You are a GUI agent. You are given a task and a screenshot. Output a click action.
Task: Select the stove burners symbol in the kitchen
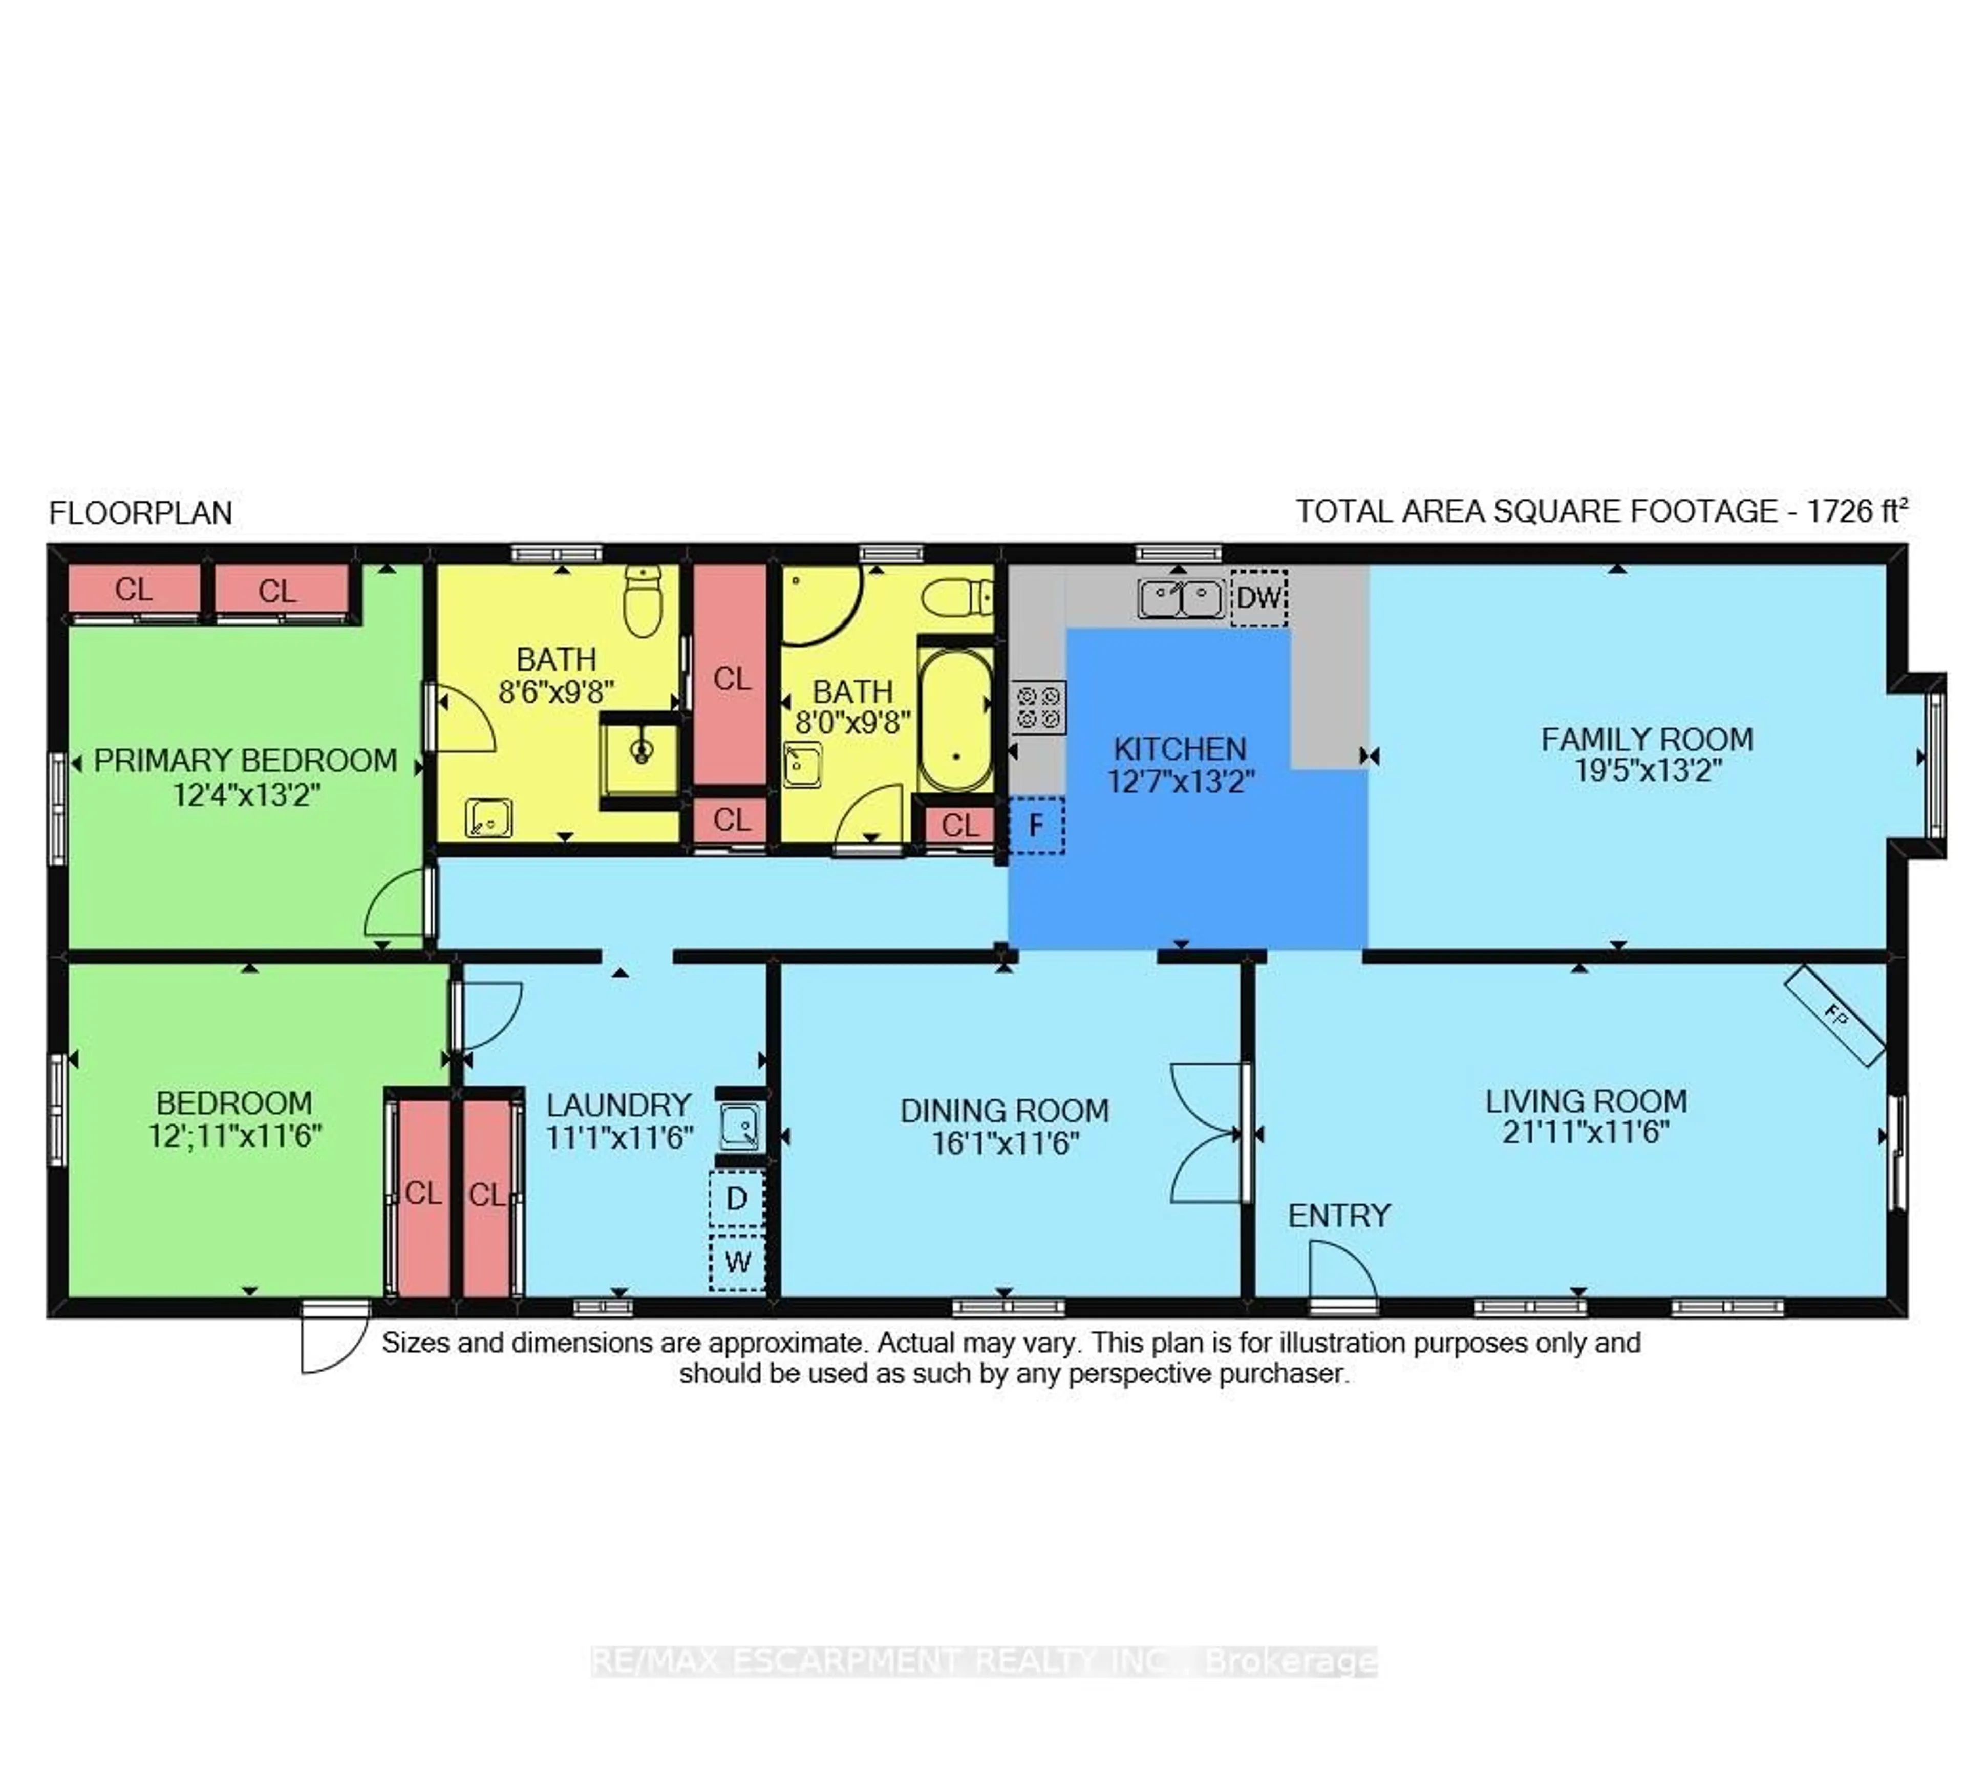point(1038,707)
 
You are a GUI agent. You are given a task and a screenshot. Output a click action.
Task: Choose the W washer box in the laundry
point(737,1263)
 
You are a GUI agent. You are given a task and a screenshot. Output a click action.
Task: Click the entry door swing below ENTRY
point(1339,1271)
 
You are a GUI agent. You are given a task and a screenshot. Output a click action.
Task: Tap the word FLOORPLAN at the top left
point(140,513)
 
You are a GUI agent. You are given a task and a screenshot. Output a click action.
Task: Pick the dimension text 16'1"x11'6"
point(1005,1143)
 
